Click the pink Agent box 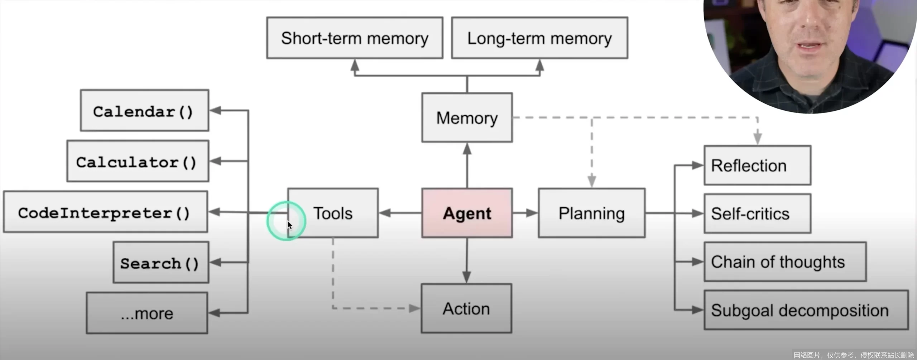point(467,213)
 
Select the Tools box point(333,213)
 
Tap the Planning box point(592,213)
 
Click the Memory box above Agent point(467,118)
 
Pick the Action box point(466,308)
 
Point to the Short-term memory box point(355,38)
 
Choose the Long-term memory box point(539,38)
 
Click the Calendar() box point(144,110)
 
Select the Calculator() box point(138,161)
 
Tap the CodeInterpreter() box point(105,212)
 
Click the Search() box point(161,263)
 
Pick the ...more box point(147,313)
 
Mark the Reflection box point(758,165)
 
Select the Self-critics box point(758,213)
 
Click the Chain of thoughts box point(785,262)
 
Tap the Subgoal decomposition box point(806,310)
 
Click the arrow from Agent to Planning point(525,213)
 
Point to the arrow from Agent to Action point(466,261)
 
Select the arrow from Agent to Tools point(400,213)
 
